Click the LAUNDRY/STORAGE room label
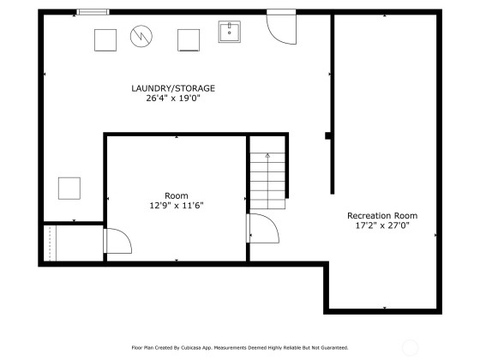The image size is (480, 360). point(173,88)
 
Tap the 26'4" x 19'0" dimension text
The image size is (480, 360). point(173,99)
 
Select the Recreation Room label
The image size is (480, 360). point(382,215)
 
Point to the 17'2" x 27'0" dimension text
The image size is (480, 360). point(382,225)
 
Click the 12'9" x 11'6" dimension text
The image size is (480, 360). point(177,206)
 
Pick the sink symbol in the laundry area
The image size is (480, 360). point(230,32)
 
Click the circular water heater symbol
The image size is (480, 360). point(141,36)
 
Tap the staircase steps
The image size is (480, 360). point(267,181)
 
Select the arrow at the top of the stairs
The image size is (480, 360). point(267,155)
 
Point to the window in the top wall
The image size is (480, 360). point(93,12)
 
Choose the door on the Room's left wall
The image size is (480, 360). point(118,241)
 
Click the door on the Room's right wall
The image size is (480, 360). point(262,228)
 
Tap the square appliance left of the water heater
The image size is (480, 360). point(105,40)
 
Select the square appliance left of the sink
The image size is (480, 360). point(189,40)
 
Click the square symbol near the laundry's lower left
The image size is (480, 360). point(69,189)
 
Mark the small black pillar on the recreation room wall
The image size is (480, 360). point(327,135)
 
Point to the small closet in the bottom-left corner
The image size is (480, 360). point(74,243)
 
